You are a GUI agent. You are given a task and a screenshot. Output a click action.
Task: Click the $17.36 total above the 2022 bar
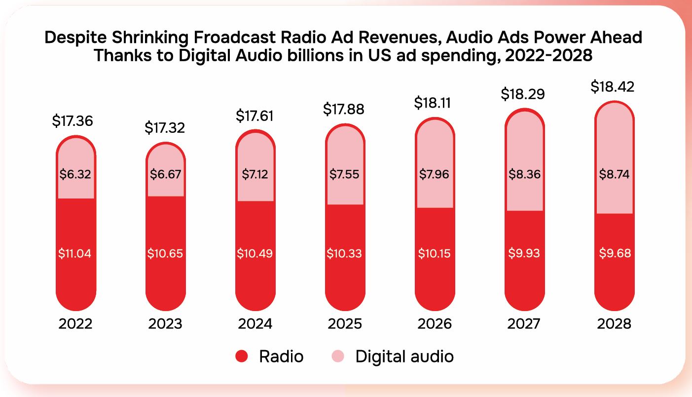click(73, 121)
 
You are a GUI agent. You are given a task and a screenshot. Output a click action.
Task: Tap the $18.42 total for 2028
click(613, 87)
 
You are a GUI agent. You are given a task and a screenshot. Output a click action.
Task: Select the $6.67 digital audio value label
click(165, 174)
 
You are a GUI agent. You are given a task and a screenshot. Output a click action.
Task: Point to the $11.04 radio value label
click(75, 254)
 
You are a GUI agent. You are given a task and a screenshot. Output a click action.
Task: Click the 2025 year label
click(344, 324)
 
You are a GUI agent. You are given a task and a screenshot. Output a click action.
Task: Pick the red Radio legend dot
click(242, 357)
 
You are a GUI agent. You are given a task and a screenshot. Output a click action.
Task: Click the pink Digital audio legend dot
click(338, 357)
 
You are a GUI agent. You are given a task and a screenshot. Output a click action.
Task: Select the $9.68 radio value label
click(614, 254)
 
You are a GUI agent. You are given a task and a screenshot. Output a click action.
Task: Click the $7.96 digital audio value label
click(434, 174)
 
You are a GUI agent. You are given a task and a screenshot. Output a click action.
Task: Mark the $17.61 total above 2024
click(255, 116)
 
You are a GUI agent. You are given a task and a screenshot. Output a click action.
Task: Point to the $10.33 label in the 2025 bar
click(344, 254)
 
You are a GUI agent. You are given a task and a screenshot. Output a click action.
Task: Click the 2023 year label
click(165, 324)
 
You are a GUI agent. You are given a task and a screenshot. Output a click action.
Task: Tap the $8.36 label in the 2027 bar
click(524, 174)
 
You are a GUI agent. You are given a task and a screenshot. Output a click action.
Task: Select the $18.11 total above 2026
click(434, 103)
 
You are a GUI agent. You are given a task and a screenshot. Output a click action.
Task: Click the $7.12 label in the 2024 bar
click(255, 174)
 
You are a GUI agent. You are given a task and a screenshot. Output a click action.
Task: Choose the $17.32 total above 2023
click(165, 128)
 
